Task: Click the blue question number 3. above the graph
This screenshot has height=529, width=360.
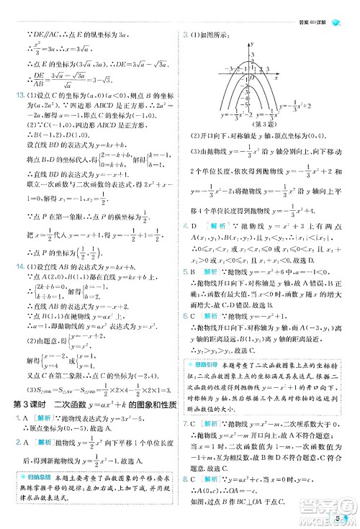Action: [184, 34]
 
